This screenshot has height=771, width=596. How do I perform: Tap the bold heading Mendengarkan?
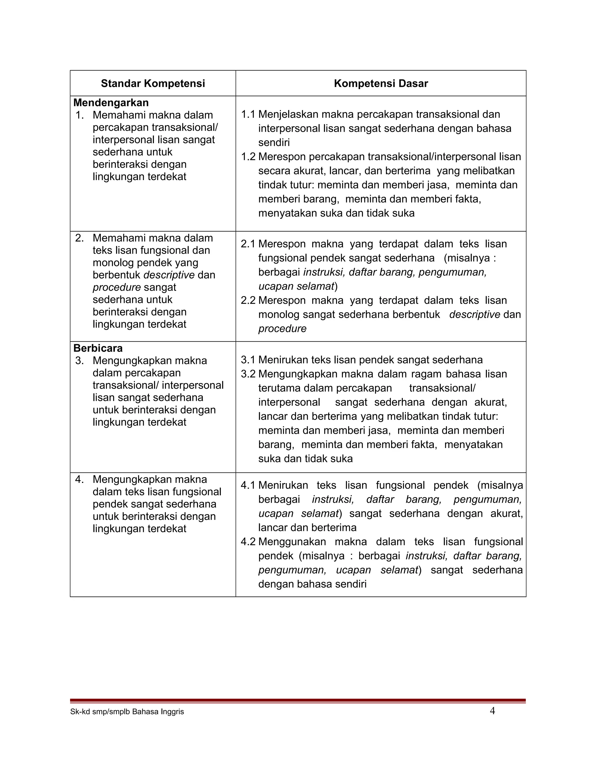pyautogui.click(x=111, y=103)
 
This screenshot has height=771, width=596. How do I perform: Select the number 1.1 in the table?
pyautogui.click(x=248, y=114)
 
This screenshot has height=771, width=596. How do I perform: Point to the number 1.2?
pyautogui.click(x=248, y=157)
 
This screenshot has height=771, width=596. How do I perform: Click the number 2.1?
pyautogui.click(x=248, y=244)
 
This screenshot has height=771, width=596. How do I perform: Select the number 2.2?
pyautogui.click(x=248, y=301)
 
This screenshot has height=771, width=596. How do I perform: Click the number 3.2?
pyautogui.click(x=248, y=374)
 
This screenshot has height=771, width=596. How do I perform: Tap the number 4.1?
pyautogui.click(x=248, y=485)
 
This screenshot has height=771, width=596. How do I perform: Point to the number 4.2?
pyautogui.click(x=248, y=542)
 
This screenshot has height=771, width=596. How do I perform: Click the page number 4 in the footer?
pyautogui.click(x=492, y=711)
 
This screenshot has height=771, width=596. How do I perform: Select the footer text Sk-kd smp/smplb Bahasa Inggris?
pyautogui.click(x=127, y=712)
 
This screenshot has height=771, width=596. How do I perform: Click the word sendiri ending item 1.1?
pyautogui.click(x=274, y=143)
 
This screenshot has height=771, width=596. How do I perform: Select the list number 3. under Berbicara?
pyautogui.click(x=79, y=361)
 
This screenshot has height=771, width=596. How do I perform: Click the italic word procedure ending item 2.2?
pyautogui.click(x=282, y=329)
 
